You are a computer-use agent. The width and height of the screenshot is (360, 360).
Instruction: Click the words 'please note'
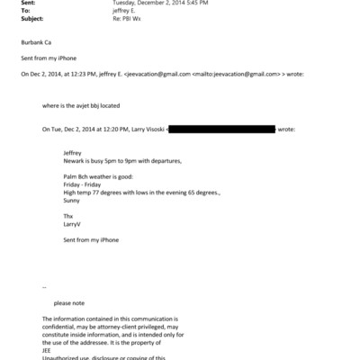[70, 303]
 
